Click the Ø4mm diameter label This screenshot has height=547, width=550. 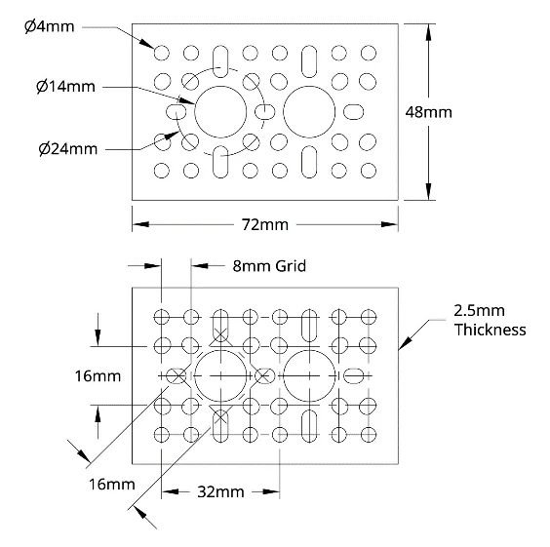coord(50,26)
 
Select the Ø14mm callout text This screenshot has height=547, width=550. coord(65,86)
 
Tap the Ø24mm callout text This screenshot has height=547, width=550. coord(68,149)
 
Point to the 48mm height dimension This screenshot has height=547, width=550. coord(429,112)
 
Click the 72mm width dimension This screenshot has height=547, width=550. coord(265,225)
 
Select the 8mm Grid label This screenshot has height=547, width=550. coord(269,266)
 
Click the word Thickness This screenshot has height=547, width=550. coord(490,330)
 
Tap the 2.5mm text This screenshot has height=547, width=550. coord(479,311)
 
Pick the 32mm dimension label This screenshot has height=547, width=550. coord(220,492)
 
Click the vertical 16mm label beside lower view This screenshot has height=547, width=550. coord(98,376)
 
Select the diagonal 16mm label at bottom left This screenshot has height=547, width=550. coord(112,485)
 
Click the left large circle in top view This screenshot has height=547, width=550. coord(194,112)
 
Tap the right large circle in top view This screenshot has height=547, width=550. coord(283,112)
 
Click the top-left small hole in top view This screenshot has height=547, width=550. coord(161,53)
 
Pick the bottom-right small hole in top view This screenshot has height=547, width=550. coord(369,171)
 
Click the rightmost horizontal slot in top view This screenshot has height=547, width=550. coord(354,112)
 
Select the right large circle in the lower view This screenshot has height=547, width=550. coord(283,376)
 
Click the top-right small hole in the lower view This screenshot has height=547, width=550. coord(369,317)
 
